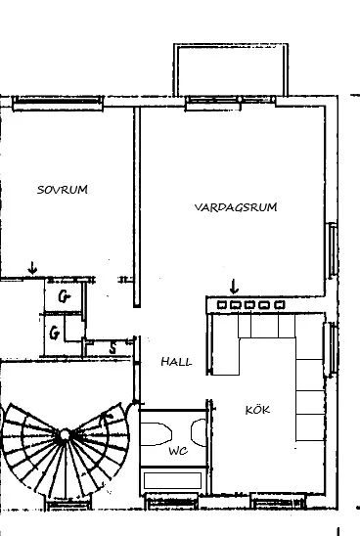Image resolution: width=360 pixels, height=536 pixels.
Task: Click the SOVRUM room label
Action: (63, 190)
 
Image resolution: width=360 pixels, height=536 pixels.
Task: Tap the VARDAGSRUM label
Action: (236, 207)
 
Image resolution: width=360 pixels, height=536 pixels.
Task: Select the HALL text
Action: (176, 362)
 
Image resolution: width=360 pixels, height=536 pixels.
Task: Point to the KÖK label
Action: (257, 410)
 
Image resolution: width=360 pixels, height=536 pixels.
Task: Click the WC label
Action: (178, 451)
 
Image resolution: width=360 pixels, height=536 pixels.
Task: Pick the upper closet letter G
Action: (64, 296)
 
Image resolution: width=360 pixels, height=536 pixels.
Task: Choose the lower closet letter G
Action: (55, 333)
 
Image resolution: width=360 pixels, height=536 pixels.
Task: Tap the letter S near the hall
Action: (112, 348)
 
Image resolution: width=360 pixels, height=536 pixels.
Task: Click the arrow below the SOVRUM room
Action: (32, 268)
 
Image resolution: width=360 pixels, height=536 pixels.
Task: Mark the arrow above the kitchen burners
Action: (234, 287)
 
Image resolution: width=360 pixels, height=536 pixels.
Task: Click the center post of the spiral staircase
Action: (65, 435)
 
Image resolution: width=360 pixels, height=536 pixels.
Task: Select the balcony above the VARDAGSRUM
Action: (231, 69)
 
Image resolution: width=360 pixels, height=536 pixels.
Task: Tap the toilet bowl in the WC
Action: (156, 434)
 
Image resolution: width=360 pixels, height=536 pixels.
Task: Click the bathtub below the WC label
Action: (172, 480)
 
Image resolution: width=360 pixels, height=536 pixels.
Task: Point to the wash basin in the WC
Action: (199, 432)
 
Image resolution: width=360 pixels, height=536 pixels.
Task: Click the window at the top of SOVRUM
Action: (58, 103)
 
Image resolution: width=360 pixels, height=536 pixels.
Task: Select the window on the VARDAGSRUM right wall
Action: (333, 250)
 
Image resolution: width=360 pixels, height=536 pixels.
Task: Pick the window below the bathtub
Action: (172, 501)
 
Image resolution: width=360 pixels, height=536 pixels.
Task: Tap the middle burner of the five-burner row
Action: (249, 304)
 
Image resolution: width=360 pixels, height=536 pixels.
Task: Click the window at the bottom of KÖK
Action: (278, 502)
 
